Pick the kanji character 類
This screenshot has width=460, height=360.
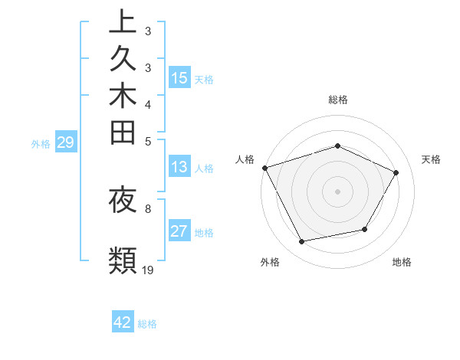123,260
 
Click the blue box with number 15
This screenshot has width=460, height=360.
179,78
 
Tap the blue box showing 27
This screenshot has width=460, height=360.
179,232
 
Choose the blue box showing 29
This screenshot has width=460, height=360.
66,142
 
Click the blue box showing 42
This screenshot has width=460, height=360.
123,322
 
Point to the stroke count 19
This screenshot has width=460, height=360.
148,270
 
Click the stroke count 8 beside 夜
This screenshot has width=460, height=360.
148,208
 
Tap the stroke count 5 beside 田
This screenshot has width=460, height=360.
148,140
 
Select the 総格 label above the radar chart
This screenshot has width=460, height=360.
337,100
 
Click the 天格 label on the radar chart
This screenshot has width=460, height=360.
431,159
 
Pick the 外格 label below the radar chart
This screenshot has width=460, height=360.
270,263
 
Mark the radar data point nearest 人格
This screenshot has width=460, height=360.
264,168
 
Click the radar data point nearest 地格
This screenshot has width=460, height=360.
365,229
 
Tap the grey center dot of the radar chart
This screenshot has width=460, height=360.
337,191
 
